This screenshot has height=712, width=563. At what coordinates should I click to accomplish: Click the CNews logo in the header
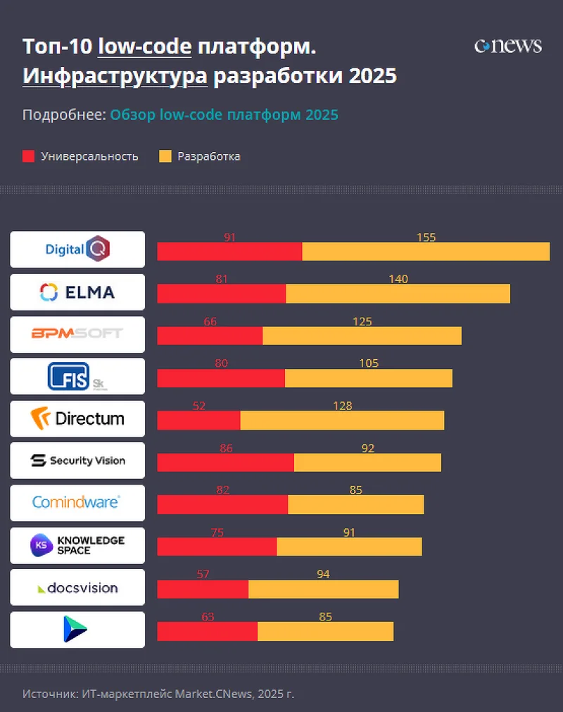click(507, 46)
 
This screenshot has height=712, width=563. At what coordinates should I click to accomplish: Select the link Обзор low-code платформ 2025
click(224, 115)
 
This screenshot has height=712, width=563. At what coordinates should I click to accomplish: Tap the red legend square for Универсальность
click(28, 156)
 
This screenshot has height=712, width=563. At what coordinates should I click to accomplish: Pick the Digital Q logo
click(77, 249)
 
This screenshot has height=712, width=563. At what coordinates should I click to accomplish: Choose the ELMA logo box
click(77, 292)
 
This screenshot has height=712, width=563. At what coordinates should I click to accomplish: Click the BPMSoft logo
click(77, 334)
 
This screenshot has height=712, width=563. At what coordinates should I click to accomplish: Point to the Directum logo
click(77, 418)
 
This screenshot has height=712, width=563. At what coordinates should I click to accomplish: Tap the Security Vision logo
click(77, 461)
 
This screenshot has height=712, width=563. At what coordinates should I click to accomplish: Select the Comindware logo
click(77, 503)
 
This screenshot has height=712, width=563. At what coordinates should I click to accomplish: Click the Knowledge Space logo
click(77, 544)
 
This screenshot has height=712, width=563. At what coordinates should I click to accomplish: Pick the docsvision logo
click(77, 587)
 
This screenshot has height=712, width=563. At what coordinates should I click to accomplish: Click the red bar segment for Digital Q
click(229, 251)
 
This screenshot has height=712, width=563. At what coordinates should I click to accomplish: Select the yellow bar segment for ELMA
click(398, 294)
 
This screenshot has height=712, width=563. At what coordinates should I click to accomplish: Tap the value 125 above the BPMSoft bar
click(362, 322)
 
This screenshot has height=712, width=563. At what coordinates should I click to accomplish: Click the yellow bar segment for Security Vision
click(367, 463)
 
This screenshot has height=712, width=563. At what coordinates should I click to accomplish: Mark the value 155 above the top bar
click(426, 237)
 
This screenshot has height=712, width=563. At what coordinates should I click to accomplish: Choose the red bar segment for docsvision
click(203, 589)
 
